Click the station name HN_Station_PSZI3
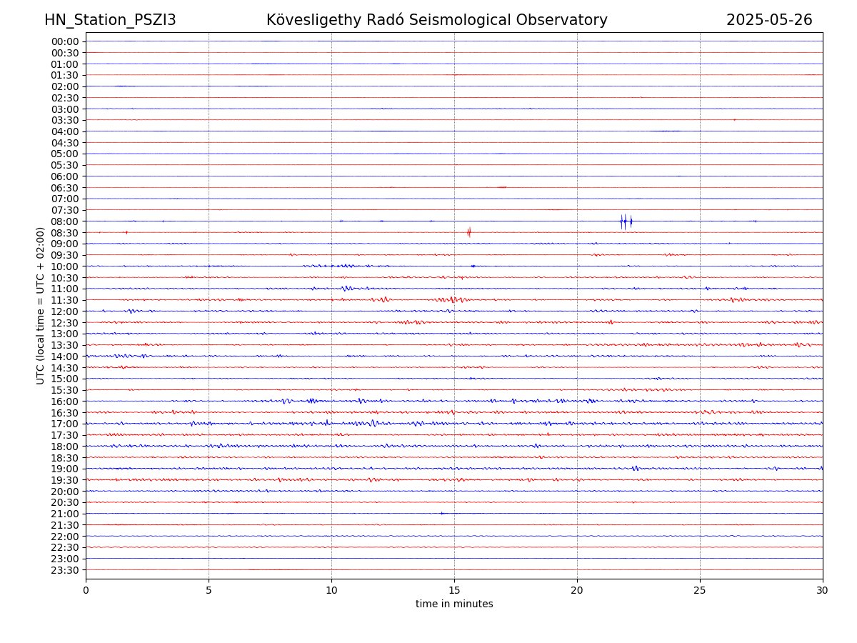[110, 20]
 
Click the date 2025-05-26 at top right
[769, 20]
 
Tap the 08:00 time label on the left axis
[64, 221]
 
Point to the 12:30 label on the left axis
[64, 323]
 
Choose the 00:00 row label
[64, 41]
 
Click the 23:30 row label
[64, 570]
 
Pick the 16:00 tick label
[64, 402]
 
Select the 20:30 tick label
[64, 503]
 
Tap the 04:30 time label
[64, 143]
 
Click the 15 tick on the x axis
[454, 590]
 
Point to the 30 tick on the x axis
[823, 590]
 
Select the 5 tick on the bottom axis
[209, 590]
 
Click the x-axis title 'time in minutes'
[454, 604]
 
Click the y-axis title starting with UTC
[41, 306]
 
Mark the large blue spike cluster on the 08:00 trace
[626, 221]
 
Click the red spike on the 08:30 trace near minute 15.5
[468, 232]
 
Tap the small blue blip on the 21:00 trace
[441, 513]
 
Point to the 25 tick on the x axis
[700, 590]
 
